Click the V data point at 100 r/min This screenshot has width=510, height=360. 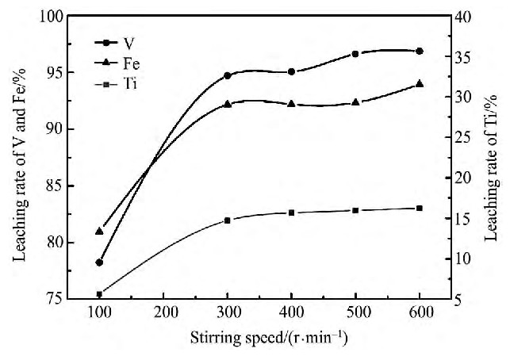[x=100, y=262]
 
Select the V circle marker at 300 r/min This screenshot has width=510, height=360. [x=228, y=75]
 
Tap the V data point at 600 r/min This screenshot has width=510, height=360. [x=420, y=51]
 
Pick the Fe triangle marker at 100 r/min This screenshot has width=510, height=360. [x=100, y=231]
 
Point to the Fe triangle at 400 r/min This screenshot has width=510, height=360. [x=292, y=104]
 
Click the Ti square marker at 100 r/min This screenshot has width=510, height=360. [x=100, y=294]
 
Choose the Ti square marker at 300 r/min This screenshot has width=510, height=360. [x=228, y=220]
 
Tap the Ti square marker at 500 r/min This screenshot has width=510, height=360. [x=355, y=210]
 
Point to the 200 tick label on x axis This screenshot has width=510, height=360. [x=163, y=312]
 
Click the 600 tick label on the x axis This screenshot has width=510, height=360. [x=420, y=312]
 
